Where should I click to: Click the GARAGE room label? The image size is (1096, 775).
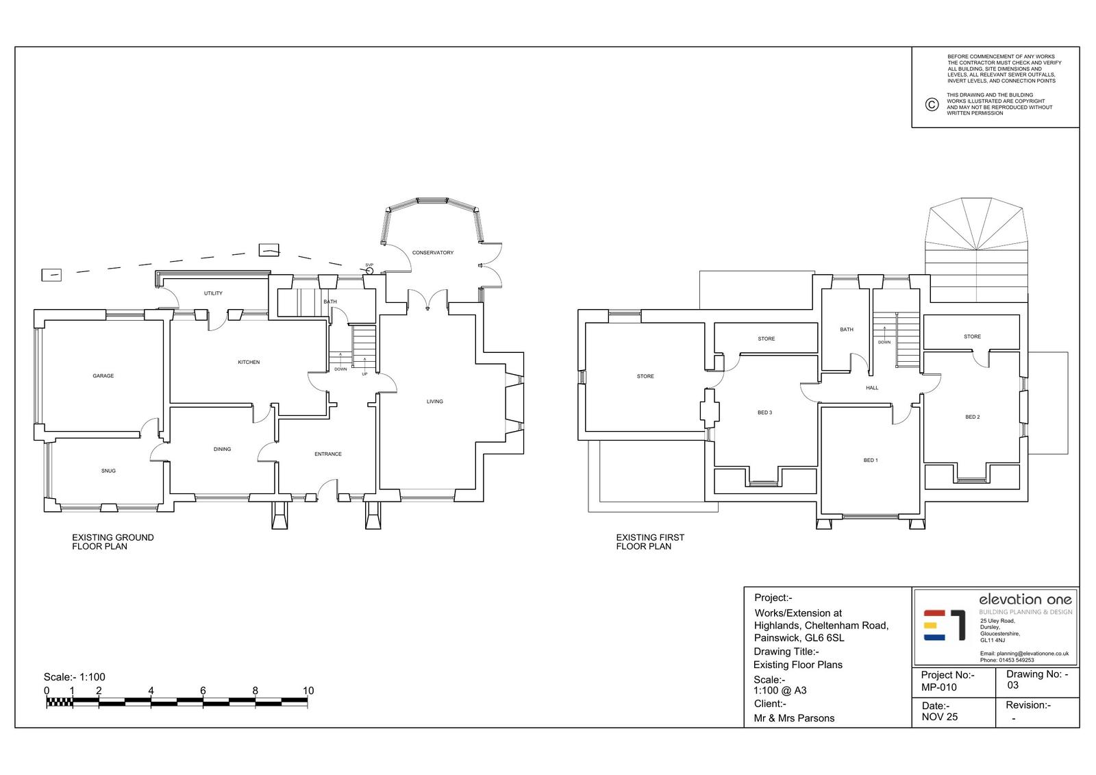click(x=103, y=376)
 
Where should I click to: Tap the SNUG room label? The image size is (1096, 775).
click(x=109, y=471)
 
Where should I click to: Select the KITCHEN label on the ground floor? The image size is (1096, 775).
click(x=249, y=362)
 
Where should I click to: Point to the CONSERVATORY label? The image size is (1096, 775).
click(x=432, y=253)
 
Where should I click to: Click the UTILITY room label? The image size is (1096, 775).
click(x=213, y=293)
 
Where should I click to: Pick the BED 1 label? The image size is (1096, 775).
click(x=871, y=460)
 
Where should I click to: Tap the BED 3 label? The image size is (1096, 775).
click(x=764, y=413)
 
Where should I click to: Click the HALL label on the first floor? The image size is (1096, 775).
click(x=872, y=388)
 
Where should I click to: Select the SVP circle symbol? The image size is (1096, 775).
click(x=369, y=271)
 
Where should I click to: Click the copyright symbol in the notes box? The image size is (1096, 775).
click(x=932, y=104)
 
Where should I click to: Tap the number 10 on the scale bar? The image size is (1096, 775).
click(x=308, y=690)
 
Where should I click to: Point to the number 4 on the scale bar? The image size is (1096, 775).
click(x=151, y=690)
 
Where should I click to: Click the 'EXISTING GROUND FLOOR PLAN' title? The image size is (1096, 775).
click(x=112, y=542)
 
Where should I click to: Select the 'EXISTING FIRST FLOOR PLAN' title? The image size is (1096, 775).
click(x=650, y=542)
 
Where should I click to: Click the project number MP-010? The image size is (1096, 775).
click(x=939, y=687)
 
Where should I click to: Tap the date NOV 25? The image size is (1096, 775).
click(x=940, y=717)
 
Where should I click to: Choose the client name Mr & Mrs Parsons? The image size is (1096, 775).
click(x=794, y=718)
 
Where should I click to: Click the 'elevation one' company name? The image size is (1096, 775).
click(x=1025, y=600)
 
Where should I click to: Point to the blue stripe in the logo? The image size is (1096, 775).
click(x=934, y=637)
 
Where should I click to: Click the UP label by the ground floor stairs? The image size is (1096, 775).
click(x=364, y=374)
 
